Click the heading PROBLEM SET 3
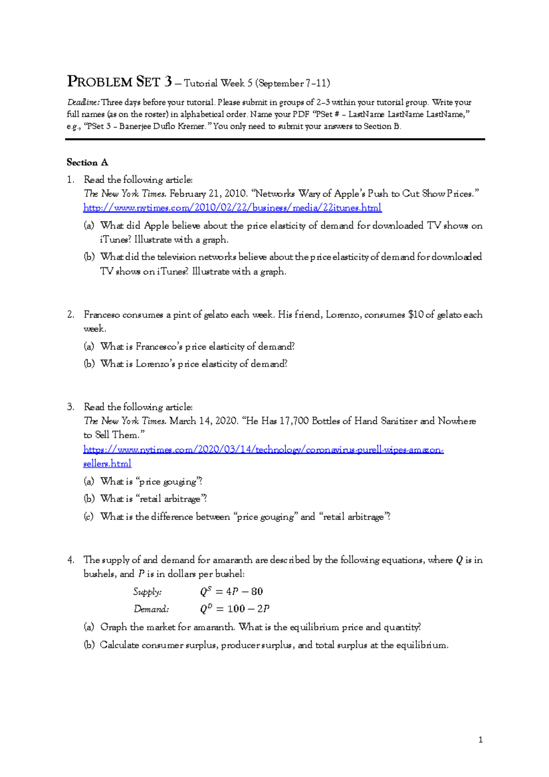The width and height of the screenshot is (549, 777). click(120, 82)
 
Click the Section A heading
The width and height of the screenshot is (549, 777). click(87, 162)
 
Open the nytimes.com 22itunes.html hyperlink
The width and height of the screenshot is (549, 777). click(232, 208)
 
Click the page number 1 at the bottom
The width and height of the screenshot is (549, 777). click(480, 739)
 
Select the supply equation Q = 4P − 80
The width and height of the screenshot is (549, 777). click(231, 591)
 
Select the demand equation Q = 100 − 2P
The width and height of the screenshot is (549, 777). click(234, 609)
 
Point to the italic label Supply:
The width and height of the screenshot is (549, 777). click(147, 592)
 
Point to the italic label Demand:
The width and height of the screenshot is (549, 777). click(151, 609)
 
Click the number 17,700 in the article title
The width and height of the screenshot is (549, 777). click(294, 421)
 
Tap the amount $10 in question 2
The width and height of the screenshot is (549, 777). click(416, 315)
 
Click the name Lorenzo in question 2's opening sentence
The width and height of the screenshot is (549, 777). click(342, 315)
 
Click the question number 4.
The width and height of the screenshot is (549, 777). click(70, 560)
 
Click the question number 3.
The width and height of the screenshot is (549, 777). click(70, 407)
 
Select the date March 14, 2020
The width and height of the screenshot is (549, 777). click(204, 421)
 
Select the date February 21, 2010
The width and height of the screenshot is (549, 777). click(209, 194)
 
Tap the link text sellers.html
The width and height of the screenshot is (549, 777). click(107, 464)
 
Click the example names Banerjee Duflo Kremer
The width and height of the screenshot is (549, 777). click(161, 126)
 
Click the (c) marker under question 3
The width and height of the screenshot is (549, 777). click(88, 517)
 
